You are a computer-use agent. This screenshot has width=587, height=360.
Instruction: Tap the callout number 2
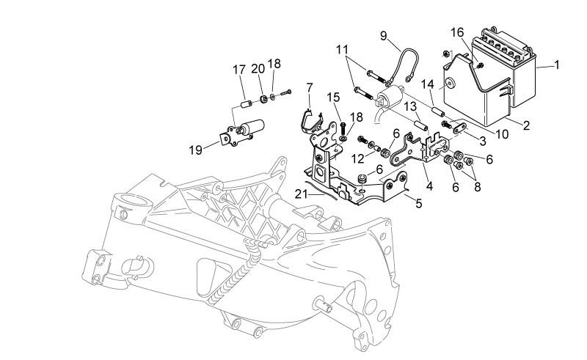526,125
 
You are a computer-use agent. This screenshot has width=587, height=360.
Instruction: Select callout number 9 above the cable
383,36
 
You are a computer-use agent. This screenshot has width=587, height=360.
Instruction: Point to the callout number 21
301,194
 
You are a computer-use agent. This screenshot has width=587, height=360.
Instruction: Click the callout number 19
195,150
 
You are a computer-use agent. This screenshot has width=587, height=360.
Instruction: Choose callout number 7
309,87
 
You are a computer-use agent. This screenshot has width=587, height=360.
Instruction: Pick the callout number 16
456,32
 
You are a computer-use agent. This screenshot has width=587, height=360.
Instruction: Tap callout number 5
418,204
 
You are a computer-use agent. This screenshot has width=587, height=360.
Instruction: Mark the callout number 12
357,158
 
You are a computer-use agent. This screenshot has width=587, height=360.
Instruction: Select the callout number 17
239,70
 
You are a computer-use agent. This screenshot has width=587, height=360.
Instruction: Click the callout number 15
333,98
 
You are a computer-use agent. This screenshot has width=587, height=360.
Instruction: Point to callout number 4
429,186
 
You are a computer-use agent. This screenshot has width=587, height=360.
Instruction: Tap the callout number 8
477,187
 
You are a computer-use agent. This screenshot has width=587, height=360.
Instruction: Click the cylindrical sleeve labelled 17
246,103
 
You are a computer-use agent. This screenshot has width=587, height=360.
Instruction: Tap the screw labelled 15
342,128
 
